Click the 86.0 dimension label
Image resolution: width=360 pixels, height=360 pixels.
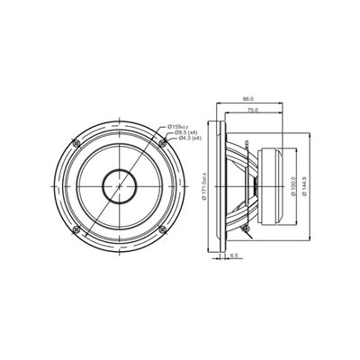point(248,100)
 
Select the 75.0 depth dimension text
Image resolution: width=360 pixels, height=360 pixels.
point(254,110)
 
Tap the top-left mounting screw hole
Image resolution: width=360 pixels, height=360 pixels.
point(76,143)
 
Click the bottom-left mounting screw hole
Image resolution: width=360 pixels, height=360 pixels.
point(76,229)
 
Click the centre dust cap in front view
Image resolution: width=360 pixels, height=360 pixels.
point(119,186)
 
